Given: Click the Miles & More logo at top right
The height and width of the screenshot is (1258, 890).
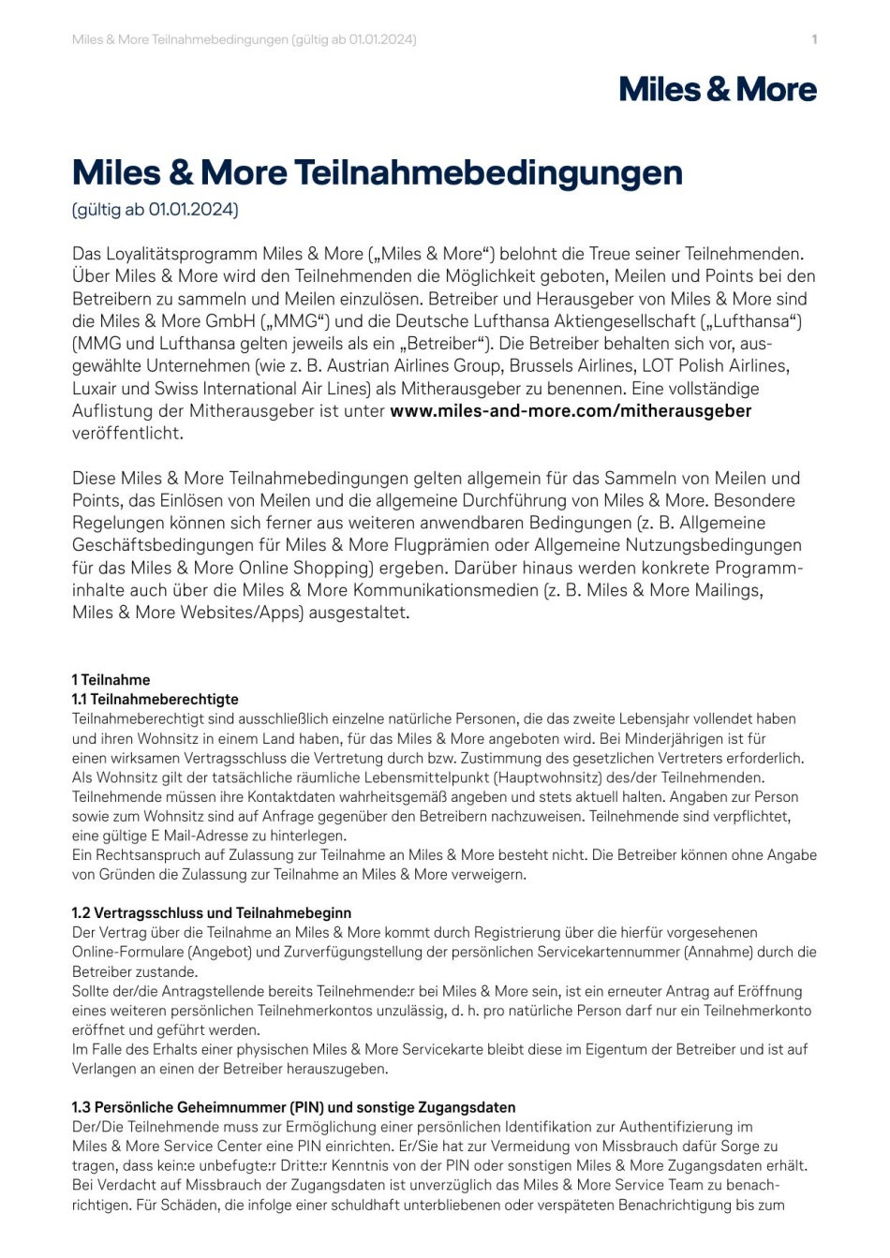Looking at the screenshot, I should pyautogui.click(x=718, y=90).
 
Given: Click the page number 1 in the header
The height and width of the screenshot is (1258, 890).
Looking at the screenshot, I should pyautogui.click(x=814, y=39).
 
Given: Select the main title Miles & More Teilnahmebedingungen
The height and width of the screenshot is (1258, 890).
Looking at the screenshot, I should pyautogui.click(x=378, y=172).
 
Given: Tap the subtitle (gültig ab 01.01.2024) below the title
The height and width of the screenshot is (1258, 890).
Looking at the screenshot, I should pyautogui.click(x=156, y=209).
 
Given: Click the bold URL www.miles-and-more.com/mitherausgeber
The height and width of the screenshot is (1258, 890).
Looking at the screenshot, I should pyautogui.click(x=571, y=410).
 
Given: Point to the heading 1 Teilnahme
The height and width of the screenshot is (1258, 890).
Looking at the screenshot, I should pyautogui.click(x=111, y=680).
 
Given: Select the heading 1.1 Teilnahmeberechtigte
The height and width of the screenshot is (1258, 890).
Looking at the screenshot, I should pyautogui.click(x=156, y=700).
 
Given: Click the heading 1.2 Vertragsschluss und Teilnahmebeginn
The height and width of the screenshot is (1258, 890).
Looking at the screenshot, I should pyautogui.click(x=212, y=913).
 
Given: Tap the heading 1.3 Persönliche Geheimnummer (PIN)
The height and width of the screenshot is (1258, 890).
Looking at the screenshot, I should pyautogui.click(x=293, y=1107).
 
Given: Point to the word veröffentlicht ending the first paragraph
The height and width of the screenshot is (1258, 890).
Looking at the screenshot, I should pyautogui.click(x=128, y=433).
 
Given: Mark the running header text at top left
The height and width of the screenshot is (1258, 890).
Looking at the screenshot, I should pyautogui.click(x=245, y=39).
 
